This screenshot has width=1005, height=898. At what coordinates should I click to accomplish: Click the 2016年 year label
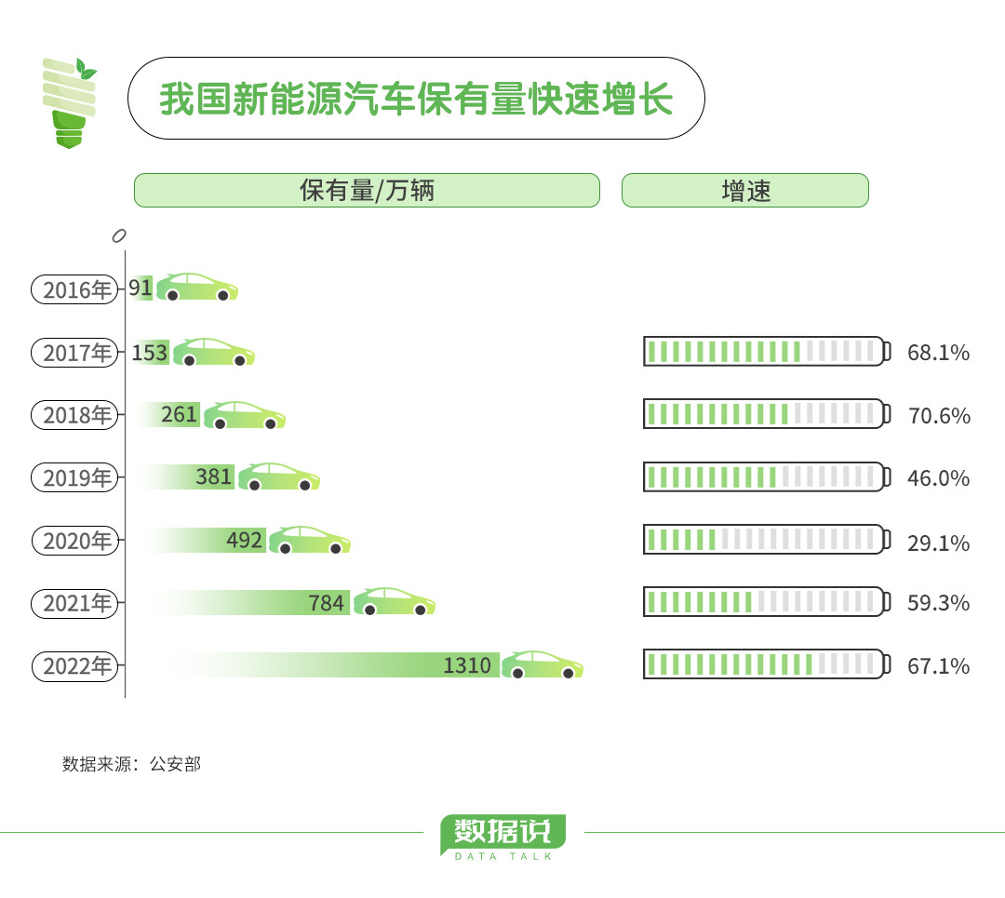pyautogui.click(x=75, y=289)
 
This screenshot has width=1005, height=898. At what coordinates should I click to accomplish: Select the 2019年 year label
pyautogui.click(x=75, y=477)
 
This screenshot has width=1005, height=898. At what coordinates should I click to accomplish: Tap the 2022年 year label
pyautogui.click(x=75, y=666)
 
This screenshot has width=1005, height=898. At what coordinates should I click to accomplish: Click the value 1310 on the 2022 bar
pyautogui.click(x=467, y=665)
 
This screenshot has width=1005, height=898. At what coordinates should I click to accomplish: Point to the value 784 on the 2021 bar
pyautogui.click(x=327, y=603)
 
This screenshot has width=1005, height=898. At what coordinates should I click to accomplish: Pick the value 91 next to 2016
pyautogui.click(x=141, y=288)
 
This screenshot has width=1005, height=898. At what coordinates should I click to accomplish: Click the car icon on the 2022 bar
pyautogui.click(x=543, y=664)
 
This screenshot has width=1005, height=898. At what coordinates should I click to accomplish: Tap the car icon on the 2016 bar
pyautogui.click(x=197, y=288)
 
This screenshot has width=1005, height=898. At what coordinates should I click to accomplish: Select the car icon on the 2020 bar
pyautogui.click(x=310, y=540)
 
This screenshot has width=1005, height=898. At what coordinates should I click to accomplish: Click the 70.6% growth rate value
pyautogui.click(x=939, y=416)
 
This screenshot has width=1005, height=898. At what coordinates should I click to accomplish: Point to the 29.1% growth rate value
pyautogui.click(x=938, y=543)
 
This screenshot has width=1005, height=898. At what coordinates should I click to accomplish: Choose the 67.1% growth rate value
pyautogui.click(x=938, y=666)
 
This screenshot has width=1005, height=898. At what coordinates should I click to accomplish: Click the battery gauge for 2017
pyautogui.click(x=767, y=351)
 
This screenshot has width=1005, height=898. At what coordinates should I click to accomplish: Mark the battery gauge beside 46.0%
pyautogui.click(x=767, y=476)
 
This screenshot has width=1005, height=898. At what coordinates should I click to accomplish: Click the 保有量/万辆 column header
pyautogui.click(x=368, y=191)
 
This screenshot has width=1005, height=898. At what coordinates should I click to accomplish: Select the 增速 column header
pyautogui.click(x=745, y=191)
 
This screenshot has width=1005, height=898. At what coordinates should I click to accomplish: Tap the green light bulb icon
pyautogui.click(x=69, y=103)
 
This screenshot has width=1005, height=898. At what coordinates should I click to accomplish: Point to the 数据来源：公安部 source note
pyautogui.click(x=131, y=764)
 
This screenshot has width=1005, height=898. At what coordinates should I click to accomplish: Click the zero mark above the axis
pyautogui.click(x=118, y=235)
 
